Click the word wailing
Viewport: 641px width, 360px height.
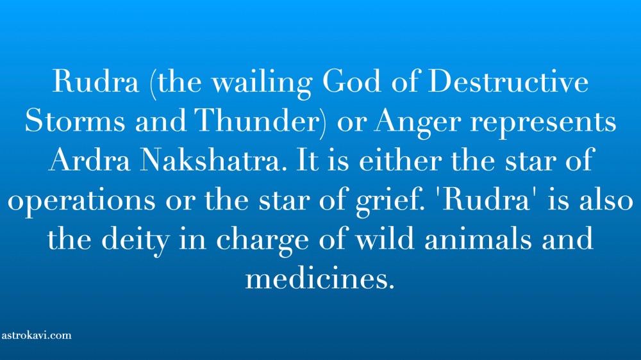[x=262, y=83]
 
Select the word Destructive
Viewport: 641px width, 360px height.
[x=508, y=81]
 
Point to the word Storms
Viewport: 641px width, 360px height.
[x=75, y=120]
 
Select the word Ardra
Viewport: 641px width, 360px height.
[x=90, y=160]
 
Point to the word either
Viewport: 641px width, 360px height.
[x=400, y=160]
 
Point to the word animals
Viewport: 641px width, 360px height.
[x=478, y=238]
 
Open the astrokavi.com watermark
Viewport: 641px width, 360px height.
[x=37, y=336]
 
